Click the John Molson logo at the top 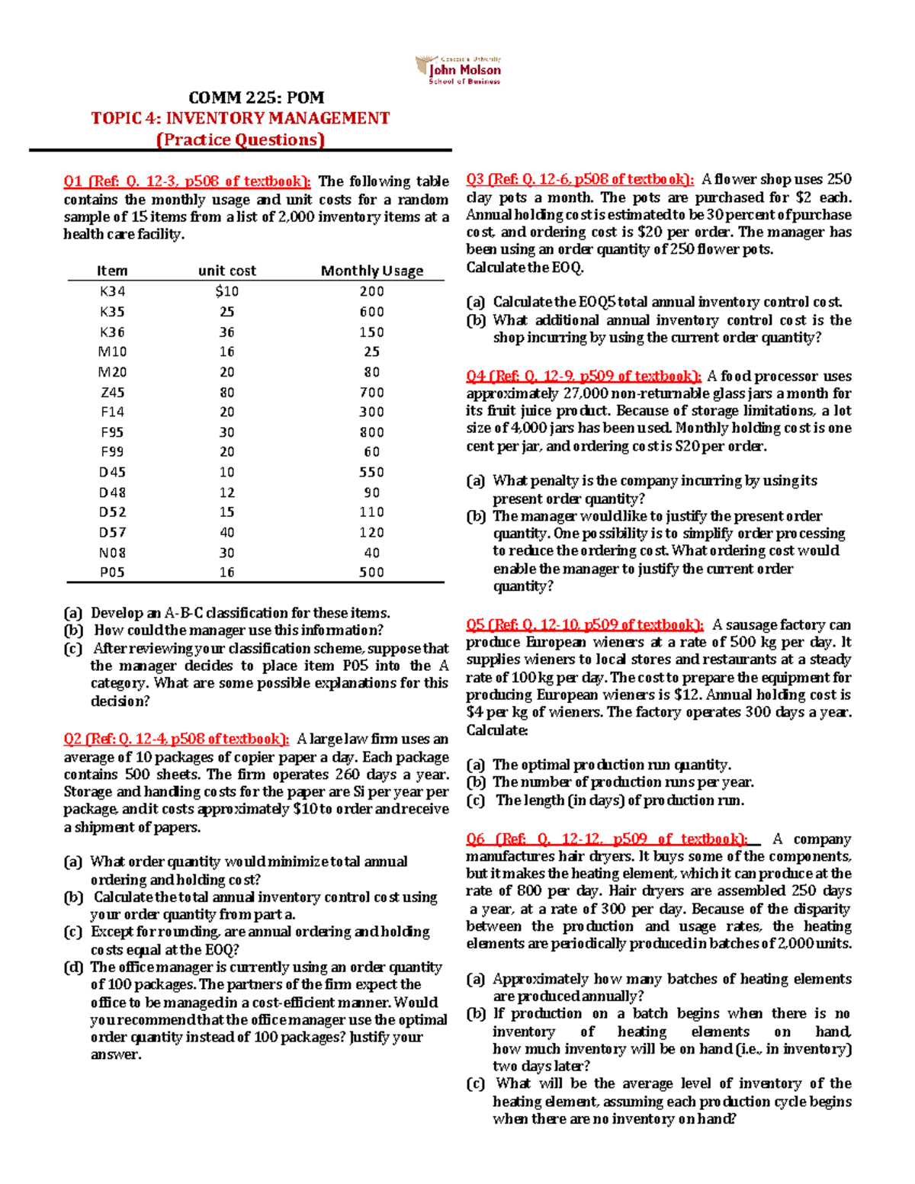pos(458,69)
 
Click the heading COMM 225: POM pos(256,98)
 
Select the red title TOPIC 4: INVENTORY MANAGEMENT pos(240,118)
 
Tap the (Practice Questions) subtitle pos(240,140)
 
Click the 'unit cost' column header pos(227,271)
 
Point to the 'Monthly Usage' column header pos(371,271)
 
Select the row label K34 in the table pos(112,291)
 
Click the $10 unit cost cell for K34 pos(227,291)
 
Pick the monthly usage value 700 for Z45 pos(371,393)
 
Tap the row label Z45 pos(112,393)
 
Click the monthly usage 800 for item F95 pos(371,432)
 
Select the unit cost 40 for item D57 pos(227,532)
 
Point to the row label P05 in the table pos(112,573)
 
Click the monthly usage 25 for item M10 pos(371,352)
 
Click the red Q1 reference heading pos(187,181)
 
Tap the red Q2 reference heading pos(176,739)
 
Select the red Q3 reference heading pos(579,179)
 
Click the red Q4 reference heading pos(583,376)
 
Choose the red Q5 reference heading pos(585,624)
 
